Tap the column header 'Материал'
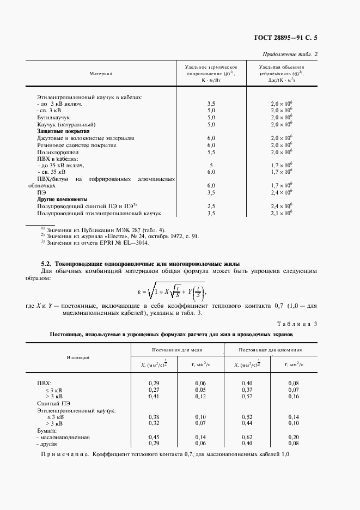click(101, 72)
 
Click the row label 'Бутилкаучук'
click(53, 117)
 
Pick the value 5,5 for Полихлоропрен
click(211, 153)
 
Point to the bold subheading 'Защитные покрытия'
click(63, 131)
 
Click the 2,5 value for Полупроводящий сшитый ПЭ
click(211, 207)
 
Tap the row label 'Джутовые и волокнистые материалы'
click(85, 138)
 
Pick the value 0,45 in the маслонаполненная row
click(154, 437)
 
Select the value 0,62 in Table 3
click(247, 437)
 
